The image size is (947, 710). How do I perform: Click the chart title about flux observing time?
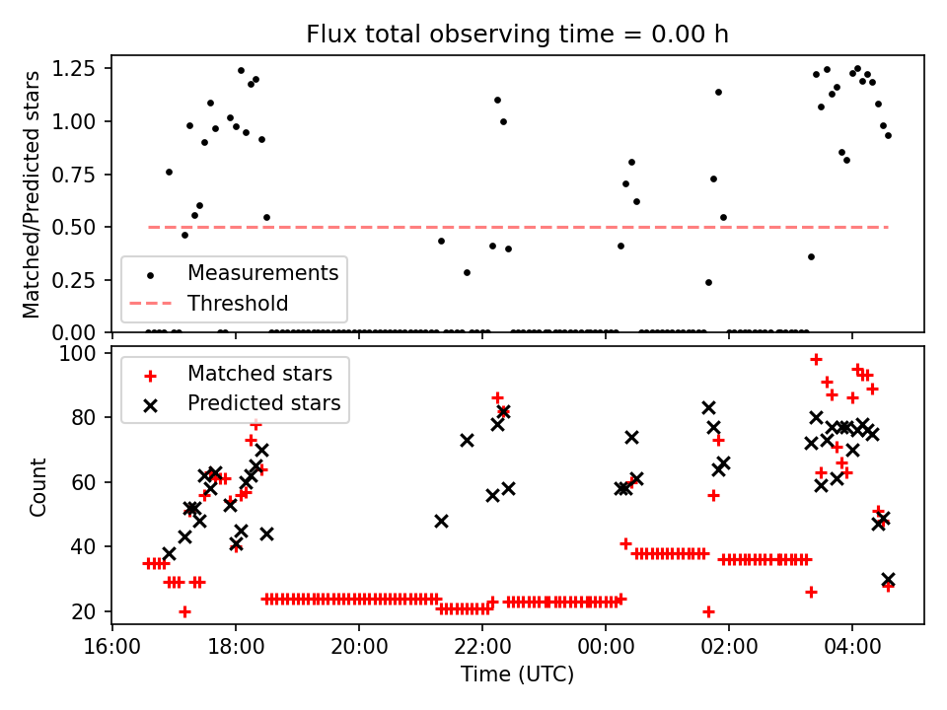[517, 35]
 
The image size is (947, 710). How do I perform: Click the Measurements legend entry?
[263, 272]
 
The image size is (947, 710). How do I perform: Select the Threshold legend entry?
[238, 303]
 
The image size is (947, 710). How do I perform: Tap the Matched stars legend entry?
[259, 374]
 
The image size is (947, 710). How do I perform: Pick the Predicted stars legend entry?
[263, 403]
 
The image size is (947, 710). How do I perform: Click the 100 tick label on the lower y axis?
[85, 353]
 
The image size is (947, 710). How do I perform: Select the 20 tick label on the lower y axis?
[91, 611]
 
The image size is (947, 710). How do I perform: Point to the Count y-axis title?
[38, 486]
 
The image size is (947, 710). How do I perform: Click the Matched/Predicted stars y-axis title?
[32, 194]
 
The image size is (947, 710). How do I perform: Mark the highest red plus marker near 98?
[816, 360]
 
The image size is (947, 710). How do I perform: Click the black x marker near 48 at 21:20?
[441, 521]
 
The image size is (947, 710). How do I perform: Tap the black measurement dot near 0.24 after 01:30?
[708, 282]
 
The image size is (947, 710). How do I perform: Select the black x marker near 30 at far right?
[888, 580]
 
